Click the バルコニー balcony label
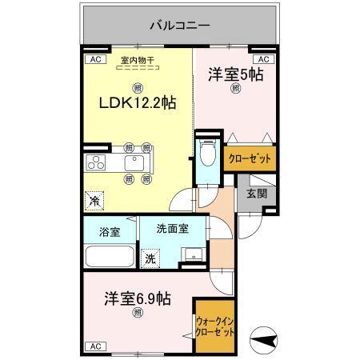(x=180, y=26)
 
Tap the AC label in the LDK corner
(x=94, y=59)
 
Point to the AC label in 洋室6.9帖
(x=94, y=346)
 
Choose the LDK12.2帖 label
(x=138, y=103)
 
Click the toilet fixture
(x=207, y=152)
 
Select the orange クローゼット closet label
(x=250, y=158)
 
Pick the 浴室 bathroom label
(x=110, y=232)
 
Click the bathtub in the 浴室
(x=109, y=258)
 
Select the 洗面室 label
(x=173, y=228)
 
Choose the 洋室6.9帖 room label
(x=137, y=299)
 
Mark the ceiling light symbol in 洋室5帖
(x=235, y=90)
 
